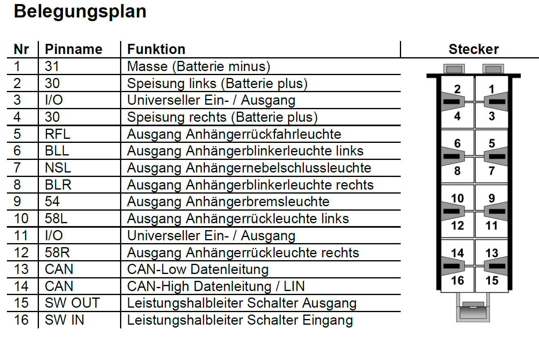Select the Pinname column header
[x=74, y=50]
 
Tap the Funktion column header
[x=156, y=50]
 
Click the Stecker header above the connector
[x=474, y=50]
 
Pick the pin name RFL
[x=58, y=134]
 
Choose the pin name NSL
[x=58, y=168]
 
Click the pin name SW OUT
[x=72, y=303]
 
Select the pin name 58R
[x=57, y=252]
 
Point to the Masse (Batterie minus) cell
[x=199, y=67]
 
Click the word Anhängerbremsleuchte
[x=258, y=202]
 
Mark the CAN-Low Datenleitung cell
[x=198, y=269]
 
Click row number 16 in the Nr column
[x=21, y=320]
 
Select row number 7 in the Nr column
[x=17, y=168]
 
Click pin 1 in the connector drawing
[x=492, y=89]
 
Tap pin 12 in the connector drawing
[x=457, y=226]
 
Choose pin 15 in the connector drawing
[x=492, y=280]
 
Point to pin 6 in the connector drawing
[x=457, y=143]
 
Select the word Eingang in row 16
[x=327, y=321]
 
